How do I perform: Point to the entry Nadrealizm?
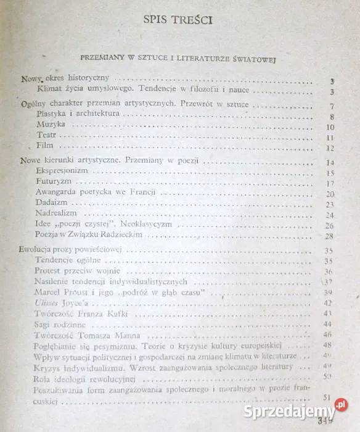(57, 214)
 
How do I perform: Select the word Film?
(46, 146)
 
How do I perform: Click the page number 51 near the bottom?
(328, 397)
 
